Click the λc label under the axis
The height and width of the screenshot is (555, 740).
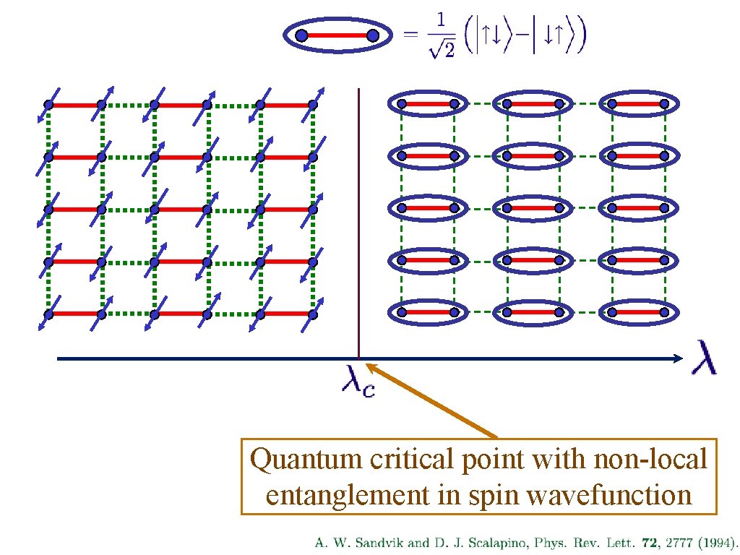pyautogui.click(x=358, y=380)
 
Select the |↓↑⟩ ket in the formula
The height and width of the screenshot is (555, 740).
pyautogui.click(x=554, y=35)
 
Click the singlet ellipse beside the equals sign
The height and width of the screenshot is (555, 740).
pyautogui.click(x=337, y=35)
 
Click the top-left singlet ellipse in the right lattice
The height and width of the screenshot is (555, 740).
pyautogui.click(x=427, y=104)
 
